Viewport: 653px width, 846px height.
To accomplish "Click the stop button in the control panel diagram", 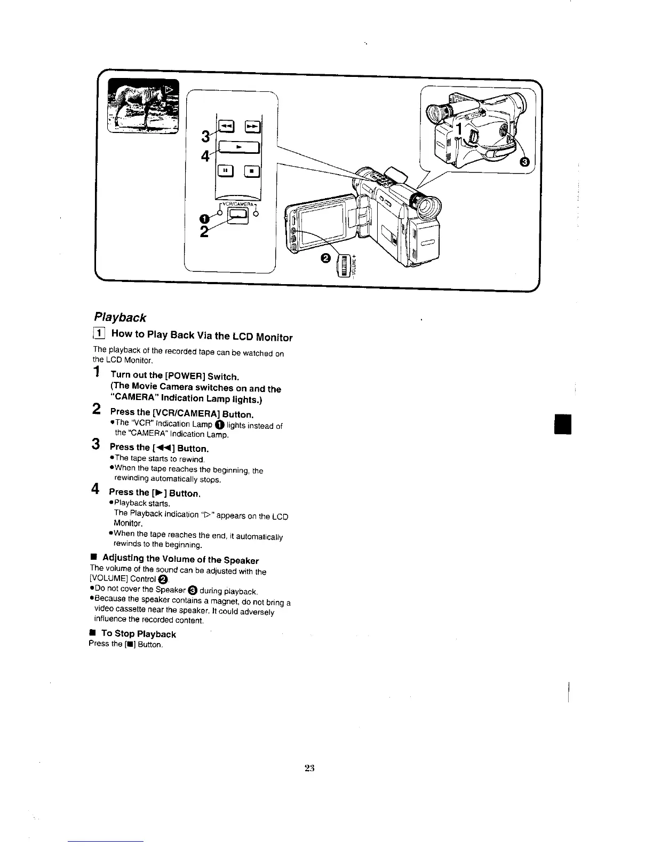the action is pos(252,171).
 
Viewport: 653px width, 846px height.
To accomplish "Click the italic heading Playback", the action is pos(120,318).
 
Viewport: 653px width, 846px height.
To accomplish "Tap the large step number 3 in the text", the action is pos(96,444).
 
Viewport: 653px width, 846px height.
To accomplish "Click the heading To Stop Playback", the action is pos(138,634).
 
